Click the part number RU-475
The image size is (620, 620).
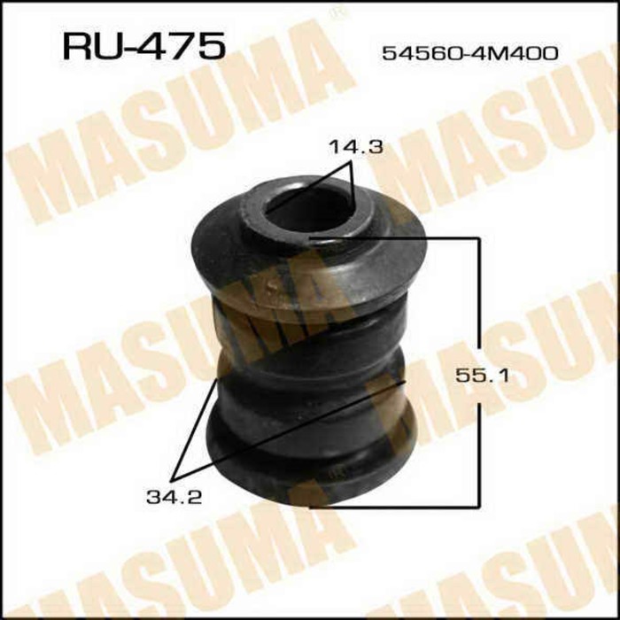coord(142,47)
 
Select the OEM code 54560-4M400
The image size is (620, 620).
coord(469,53)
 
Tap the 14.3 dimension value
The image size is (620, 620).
coord(356,148)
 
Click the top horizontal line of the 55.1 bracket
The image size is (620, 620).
coord(399,238)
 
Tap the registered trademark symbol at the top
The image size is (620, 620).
coord(335,12)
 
